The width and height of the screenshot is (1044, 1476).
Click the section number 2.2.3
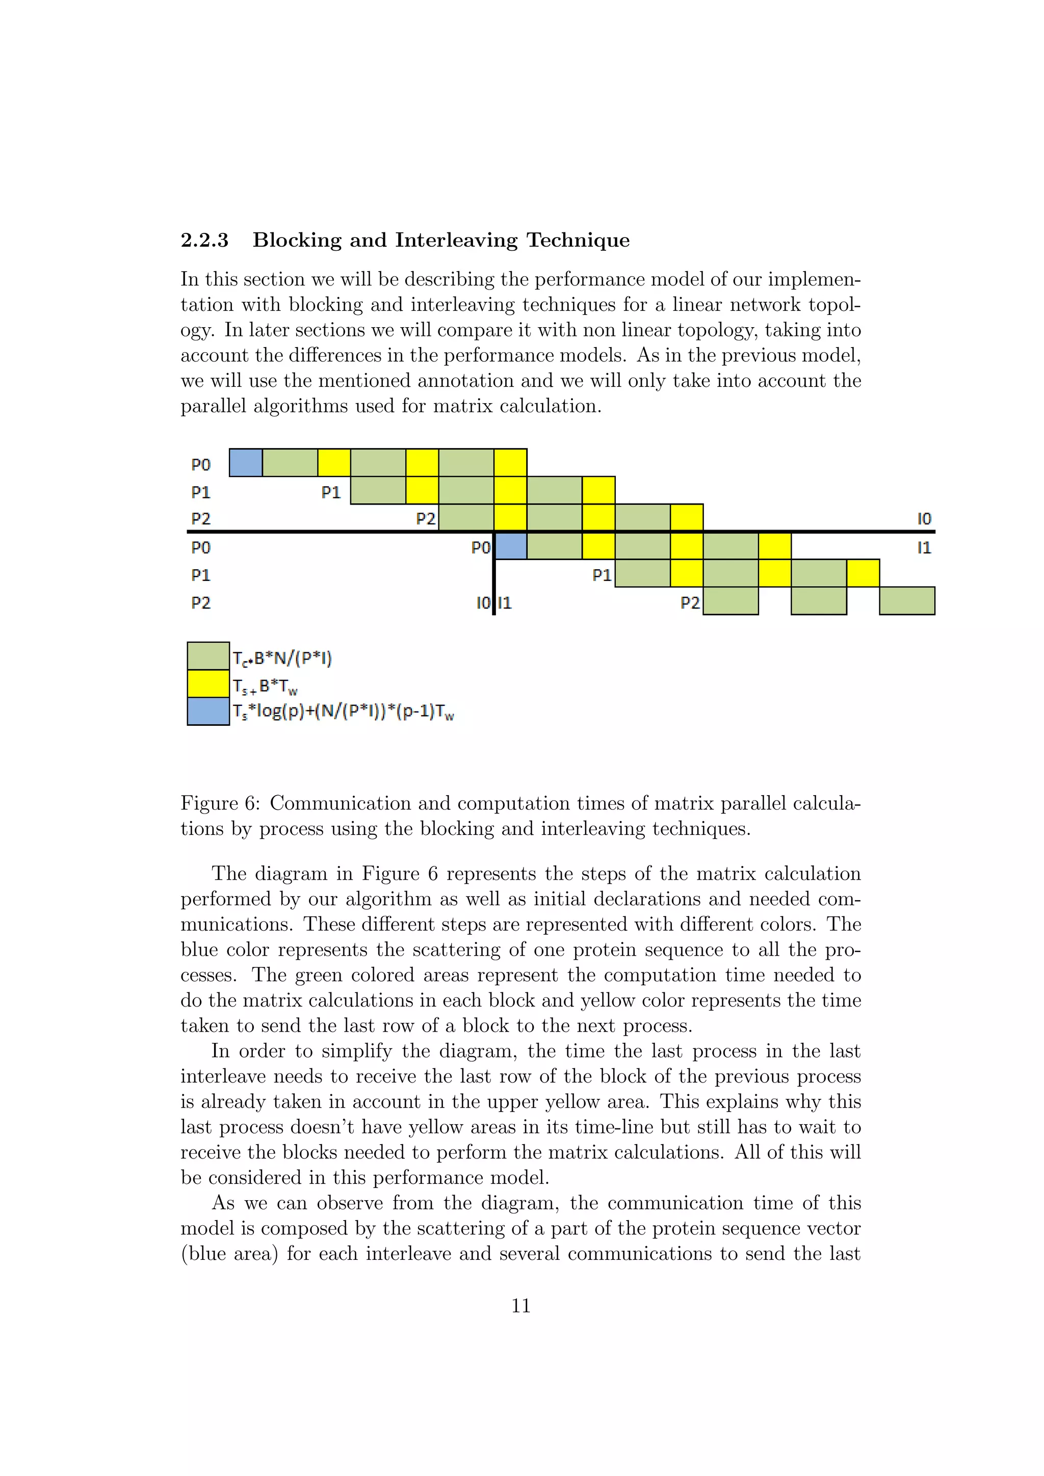point(204,241)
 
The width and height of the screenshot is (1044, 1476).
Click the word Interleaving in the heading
point(456,241)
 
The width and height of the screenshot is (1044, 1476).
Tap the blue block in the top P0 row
point(246,463)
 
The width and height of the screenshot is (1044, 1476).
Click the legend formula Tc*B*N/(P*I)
point(282,658)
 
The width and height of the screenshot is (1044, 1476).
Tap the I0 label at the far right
point(924,519)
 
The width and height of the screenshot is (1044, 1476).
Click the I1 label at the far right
point(924,548)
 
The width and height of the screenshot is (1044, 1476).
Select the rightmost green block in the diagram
point(906,600)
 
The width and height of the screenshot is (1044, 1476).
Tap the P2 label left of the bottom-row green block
point(690,603)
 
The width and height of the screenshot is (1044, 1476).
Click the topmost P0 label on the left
point(200,464)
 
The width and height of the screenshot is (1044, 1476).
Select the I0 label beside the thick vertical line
point(483,603)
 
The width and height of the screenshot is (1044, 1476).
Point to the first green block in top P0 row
point(290,463)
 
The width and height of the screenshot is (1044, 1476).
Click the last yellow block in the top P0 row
point(510,463)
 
